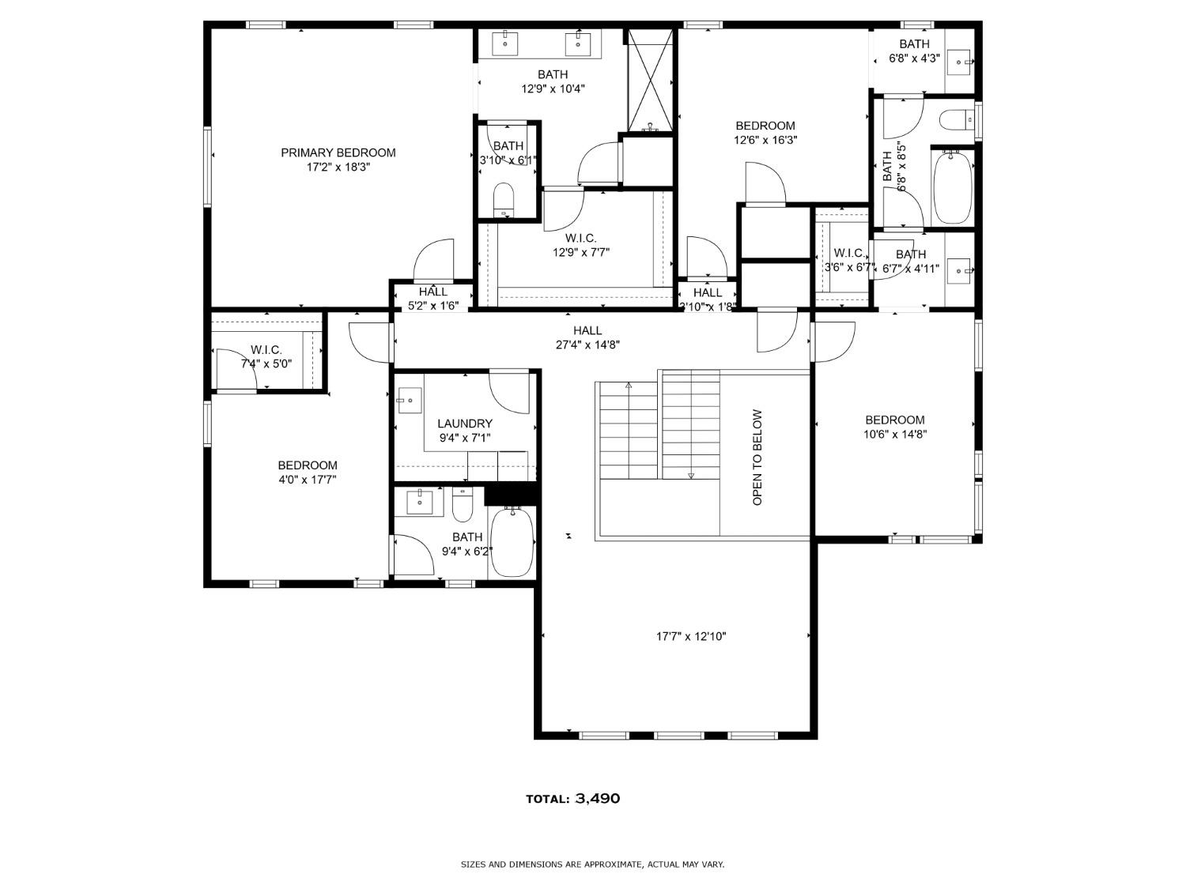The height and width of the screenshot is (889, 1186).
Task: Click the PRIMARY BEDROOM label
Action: click(338, 153)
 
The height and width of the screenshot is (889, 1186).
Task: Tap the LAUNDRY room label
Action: click(465, 424)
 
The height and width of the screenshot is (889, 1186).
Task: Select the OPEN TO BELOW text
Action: click(757, 458)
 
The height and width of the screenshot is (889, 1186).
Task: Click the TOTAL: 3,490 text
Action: click(573, 798)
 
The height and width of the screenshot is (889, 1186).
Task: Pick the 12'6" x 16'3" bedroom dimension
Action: click(765, 140)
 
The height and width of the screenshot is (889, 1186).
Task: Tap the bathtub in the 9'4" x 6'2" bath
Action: click(512, 543)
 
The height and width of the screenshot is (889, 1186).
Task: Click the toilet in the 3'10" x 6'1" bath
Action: click(504, 199)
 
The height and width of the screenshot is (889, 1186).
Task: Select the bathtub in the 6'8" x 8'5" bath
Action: click(952, 187)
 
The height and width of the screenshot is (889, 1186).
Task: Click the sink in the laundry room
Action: click(410, 401)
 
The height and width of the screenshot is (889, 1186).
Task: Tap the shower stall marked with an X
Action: click(649, 80)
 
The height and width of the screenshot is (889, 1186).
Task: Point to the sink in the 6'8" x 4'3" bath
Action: click(959, 62)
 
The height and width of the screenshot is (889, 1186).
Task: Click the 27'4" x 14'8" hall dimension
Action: click(587, 345)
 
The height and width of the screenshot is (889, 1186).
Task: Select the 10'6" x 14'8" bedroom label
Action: click(894, 420)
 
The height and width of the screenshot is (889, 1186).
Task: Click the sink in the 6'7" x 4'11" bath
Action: click(959, 270)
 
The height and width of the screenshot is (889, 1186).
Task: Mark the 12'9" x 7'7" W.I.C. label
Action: click(581, 238)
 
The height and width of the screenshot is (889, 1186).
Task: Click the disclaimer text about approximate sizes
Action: click(592, 865)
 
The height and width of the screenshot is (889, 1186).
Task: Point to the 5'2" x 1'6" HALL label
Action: click(433, 292)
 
